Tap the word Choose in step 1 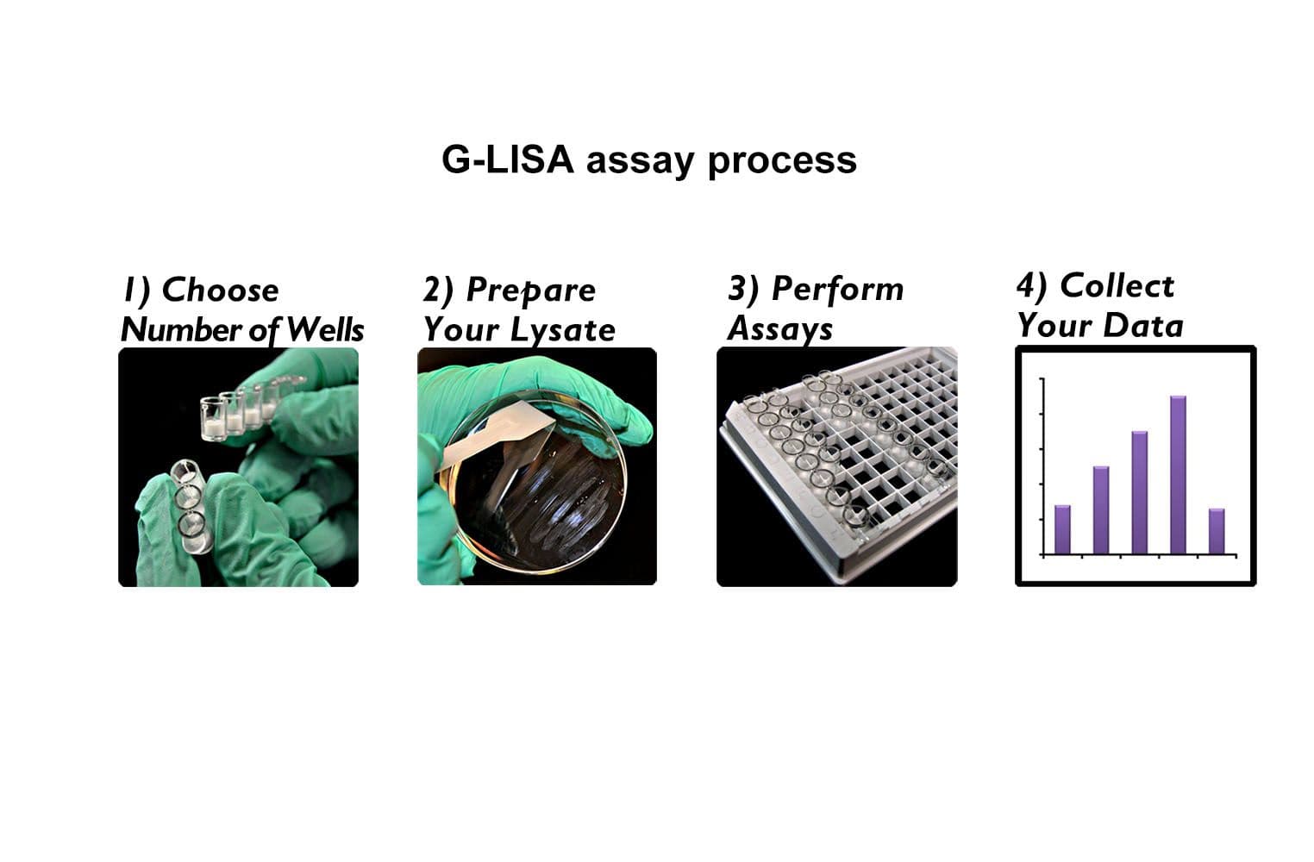[x=220, y=290]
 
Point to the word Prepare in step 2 [x=530, y=290]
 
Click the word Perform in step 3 [x=837, y=289]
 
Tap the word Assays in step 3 [x=779, y=329]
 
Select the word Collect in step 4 [x=1117, y=286]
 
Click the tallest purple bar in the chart [x=1178, y=474]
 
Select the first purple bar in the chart [x=1062, y=529]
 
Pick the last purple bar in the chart [x=1217, y=531]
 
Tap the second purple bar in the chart [x=1101, y=509]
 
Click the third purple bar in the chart [x=1139, y=491]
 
